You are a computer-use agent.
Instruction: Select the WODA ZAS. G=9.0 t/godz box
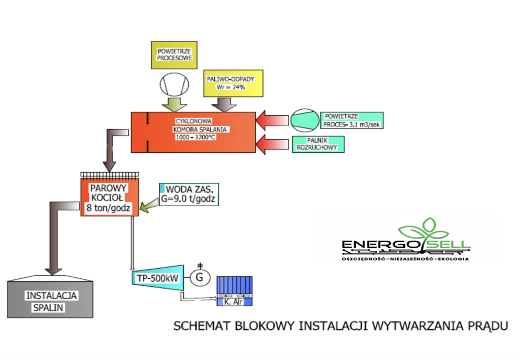pos(189,193)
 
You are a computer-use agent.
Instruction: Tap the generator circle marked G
pos(200,277)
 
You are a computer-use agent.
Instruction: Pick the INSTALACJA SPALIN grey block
pos(50,300)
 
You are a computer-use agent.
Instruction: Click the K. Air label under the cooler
pos(235,303)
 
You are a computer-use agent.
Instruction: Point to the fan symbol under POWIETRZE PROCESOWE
pos(172,84)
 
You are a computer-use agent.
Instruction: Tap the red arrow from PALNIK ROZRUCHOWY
pos(270,144)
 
